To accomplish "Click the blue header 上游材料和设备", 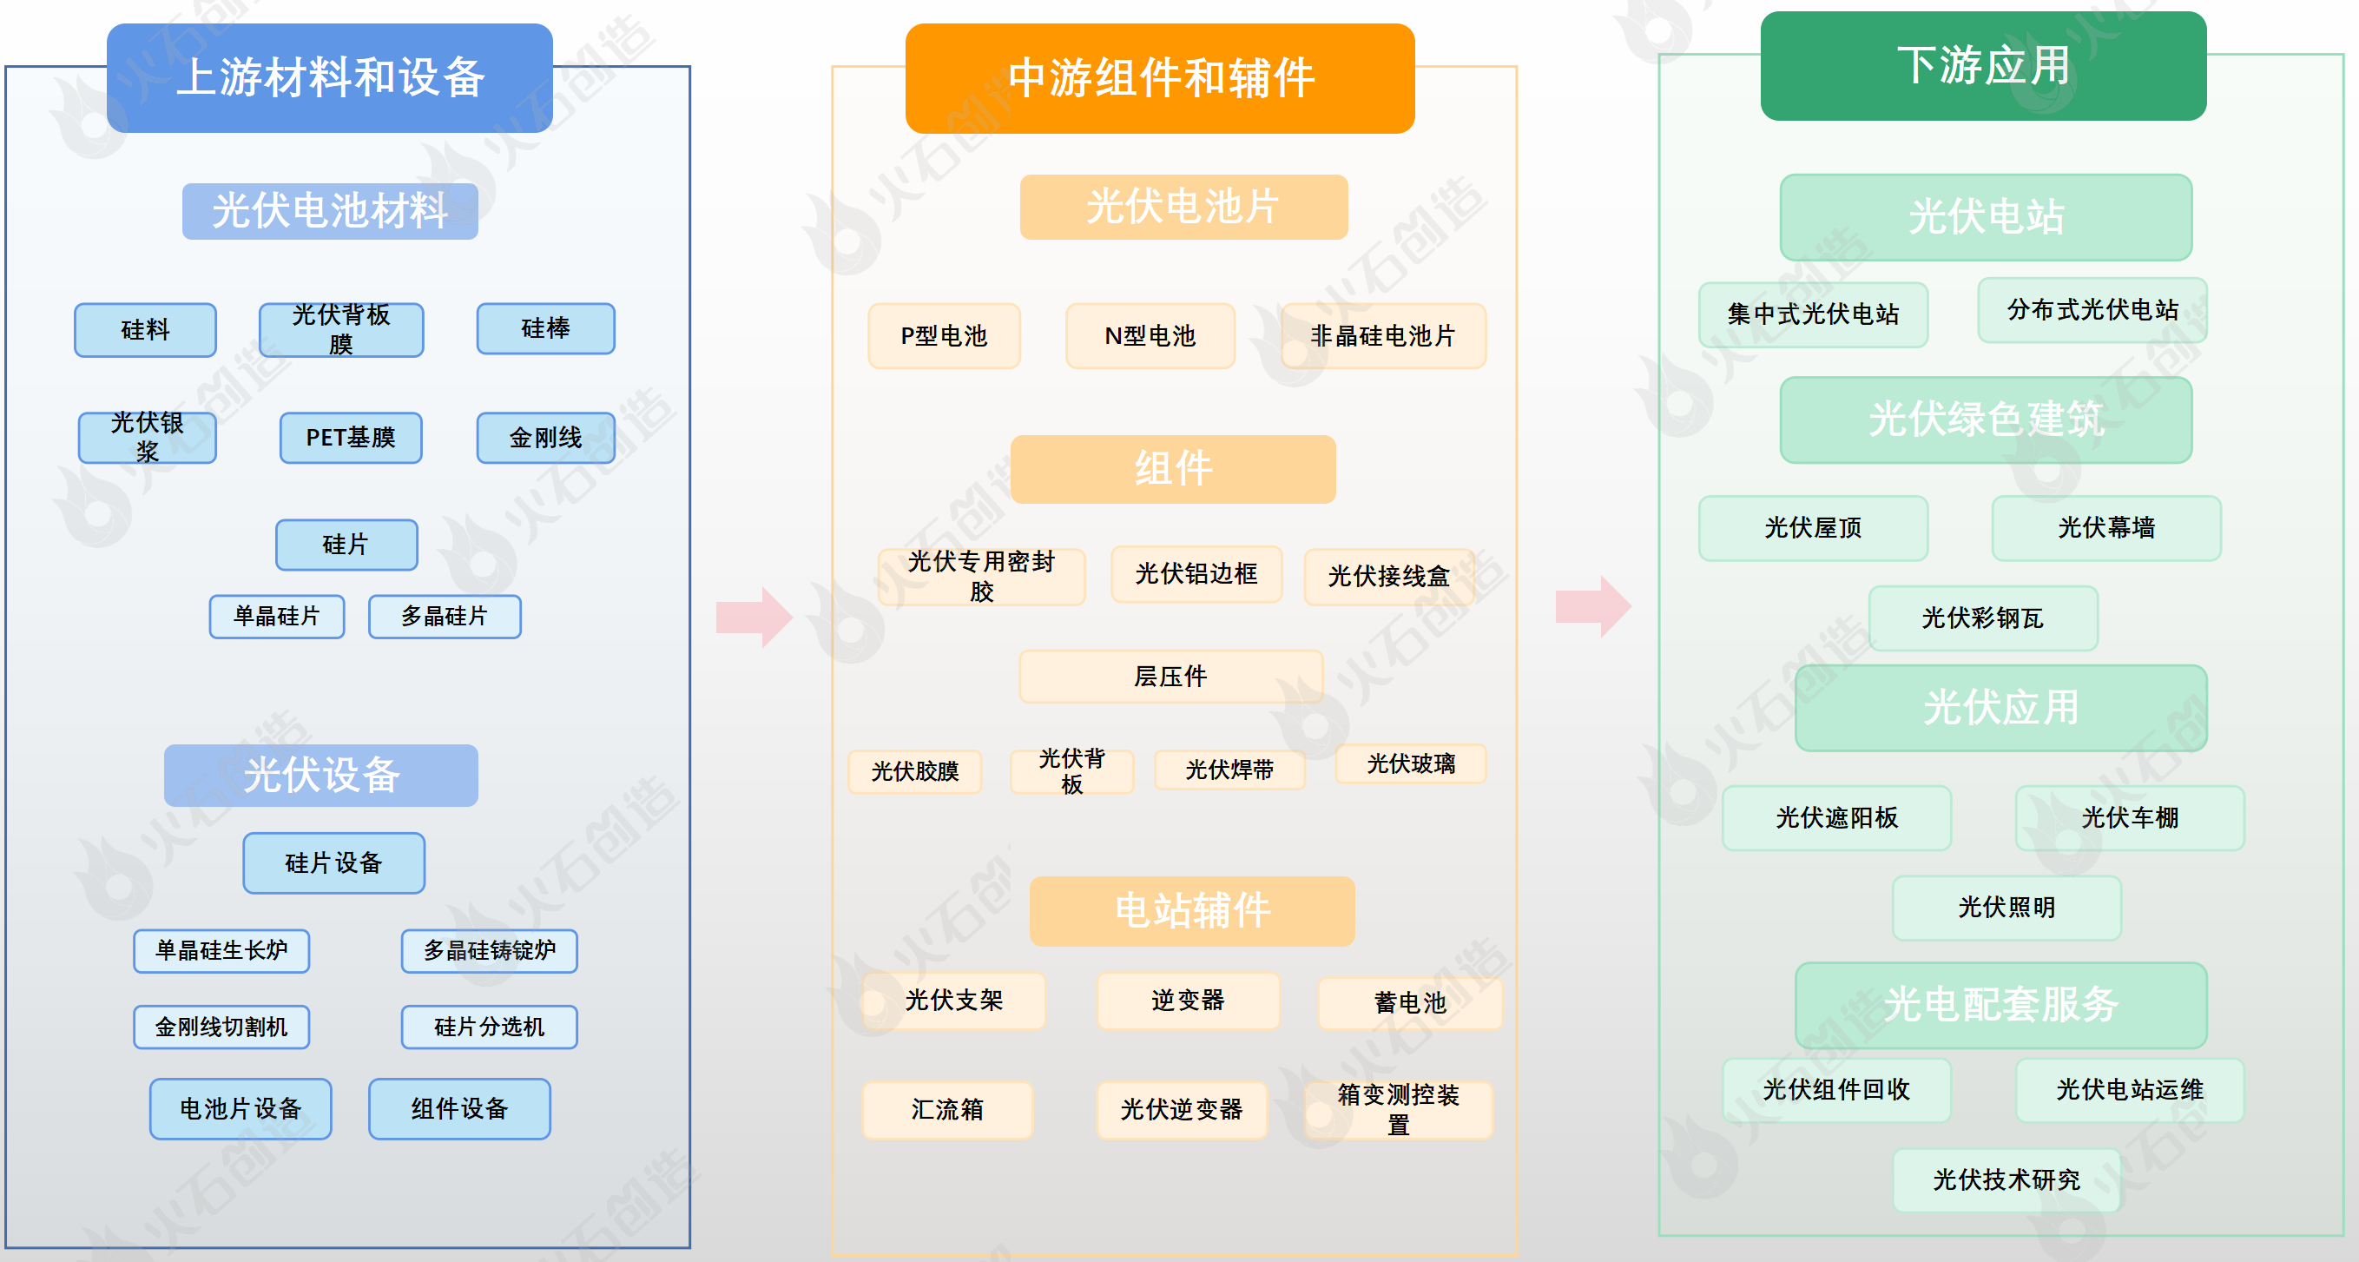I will tap(330, 78).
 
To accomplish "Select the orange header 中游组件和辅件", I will tap(1159, 79).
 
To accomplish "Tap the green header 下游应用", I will tap(1983, 66).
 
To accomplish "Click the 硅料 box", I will tap(146, 330).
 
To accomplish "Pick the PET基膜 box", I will tap(351, 438).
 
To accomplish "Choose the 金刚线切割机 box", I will tap(221, 1027).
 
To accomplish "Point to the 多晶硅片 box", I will tap(445, 617).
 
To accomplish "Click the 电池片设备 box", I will tap(240, 1108).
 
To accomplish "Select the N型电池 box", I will tap(1150, 336).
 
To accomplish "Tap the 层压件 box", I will tap(1170, 677).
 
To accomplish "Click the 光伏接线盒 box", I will tap(1388, 576).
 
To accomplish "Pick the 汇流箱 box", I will tap(947, 1110).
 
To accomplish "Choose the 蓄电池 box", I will tap(1409, 1003).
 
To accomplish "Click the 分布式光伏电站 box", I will tap(2092, 310).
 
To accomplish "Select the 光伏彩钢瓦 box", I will tap(1983, 618).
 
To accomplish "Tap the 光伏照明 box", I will tap(2006, 908).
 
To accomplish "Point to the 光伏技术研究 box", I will tap(2006, 1179).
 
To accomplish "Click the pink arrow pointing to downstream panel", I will tap(1593, 606).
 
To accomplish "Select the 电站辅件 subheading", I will tap(1191, 911).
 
